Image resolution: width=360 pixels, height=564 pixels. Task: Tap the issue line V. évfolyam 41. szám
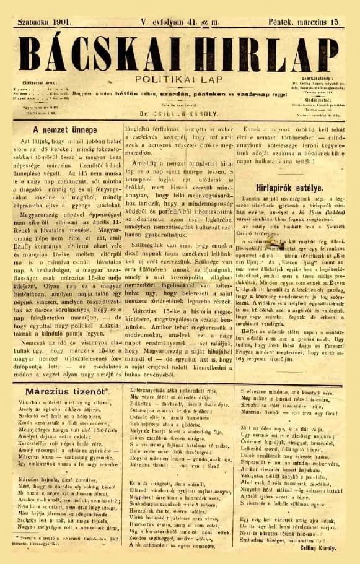click(x=180, y=22)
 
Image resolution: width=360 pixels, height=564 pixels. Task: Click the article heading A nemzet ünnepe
click(x=62, y=131)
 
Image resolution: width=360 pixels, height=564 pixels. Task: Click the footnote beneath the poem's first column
click(x=61, y=545)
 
